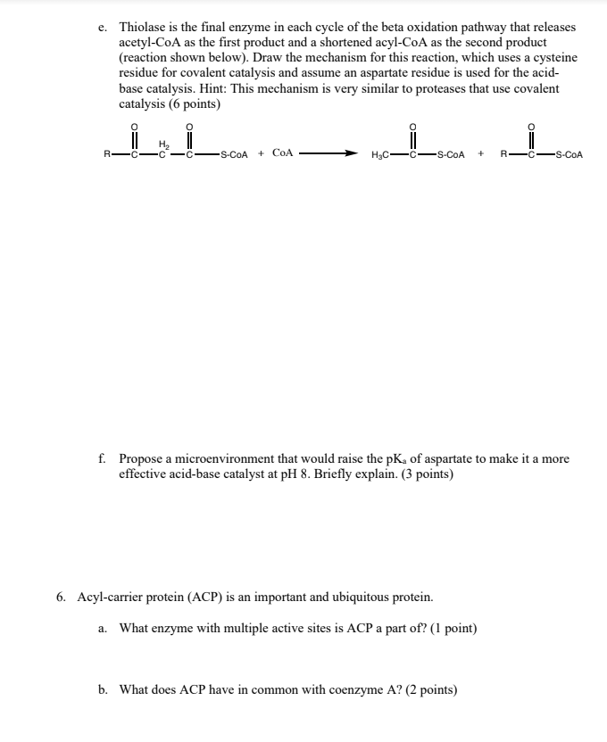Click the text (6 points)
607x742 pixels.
[x=192, y=104]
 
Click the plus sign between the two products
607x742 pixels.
[x=481, y=153]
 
